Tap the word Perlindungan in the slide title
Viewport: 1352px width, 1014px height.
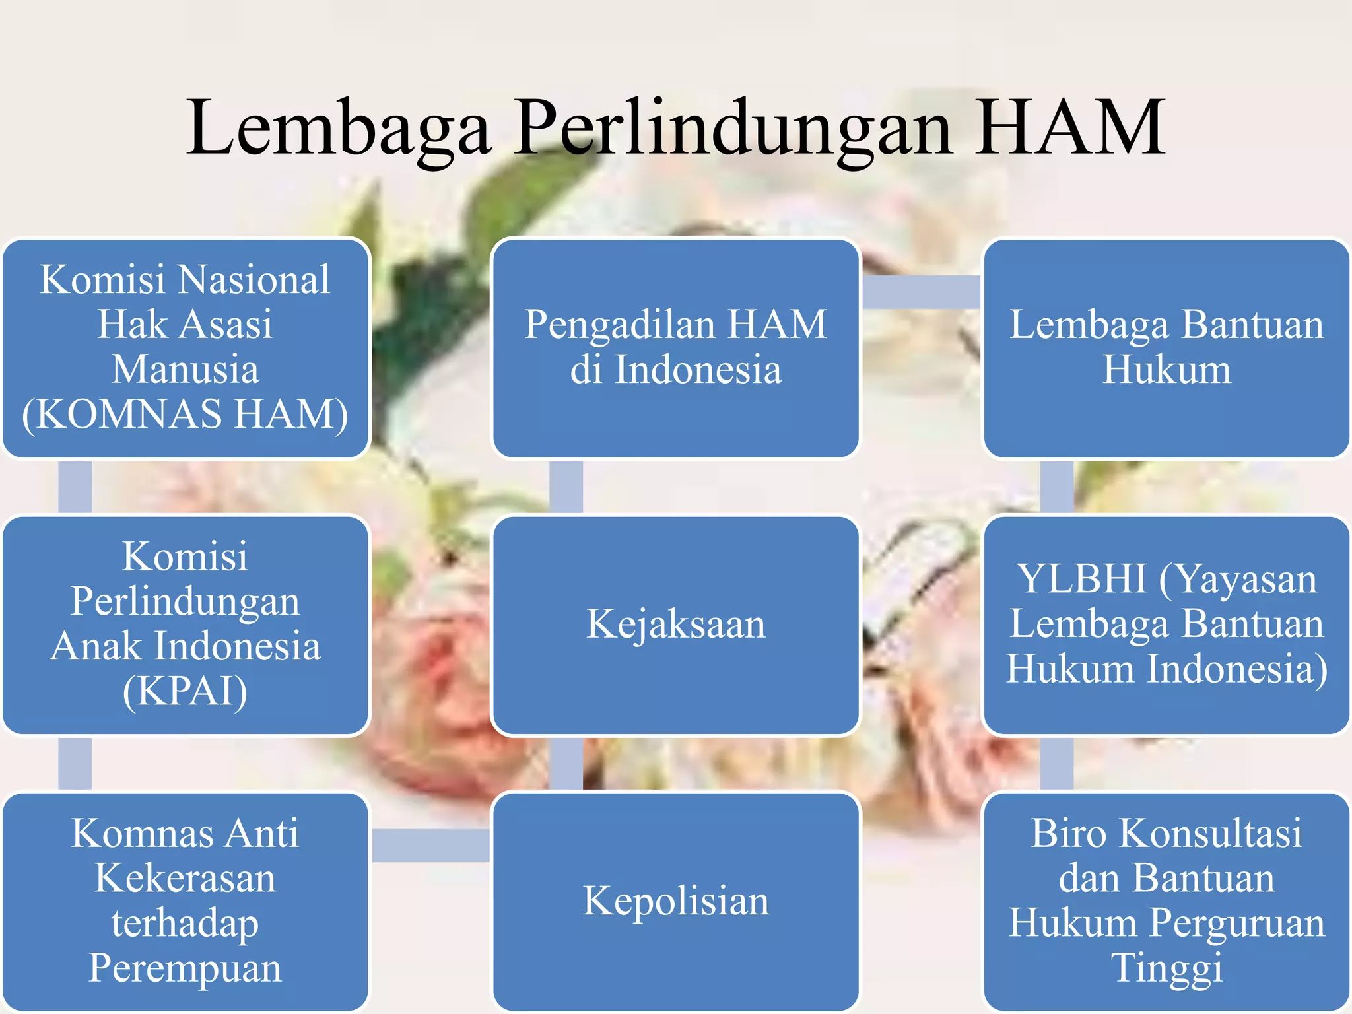coord(733,129)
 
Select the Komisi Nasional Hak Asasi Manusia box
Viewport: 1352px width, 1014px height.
coord(186,349)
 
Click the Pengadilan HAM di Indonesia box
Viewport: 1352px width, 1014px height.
coord(675,349)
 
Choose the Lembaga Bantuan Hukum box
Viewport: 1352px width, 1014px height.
coord(1166,349)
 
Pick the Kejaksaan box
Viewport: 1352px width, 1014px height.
coord(675,625)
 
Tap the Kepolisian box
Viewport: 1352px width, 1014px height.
coord(675,901)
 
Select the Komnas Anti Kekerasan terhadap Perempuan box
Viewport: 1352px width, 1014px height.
coord(186,901)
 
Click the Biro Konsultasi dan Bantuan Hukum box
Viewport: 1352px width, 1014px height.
coord(1166,901)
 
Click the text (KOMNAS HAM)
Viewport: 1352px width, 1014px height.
coord(186,415)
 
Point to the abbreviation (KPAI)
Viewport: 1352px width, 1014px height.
coord(186,691)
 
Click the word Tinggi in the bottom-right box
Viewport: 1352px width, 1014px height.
coord(1166,968)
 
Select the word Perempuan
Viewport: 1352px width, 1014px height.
coord(186,968)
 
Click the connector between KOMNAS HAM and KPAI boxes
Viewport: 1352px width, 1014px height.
coord(75,487)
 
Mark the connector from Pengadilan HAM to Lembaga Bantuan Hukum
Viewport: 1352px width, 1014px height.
coord(922,292)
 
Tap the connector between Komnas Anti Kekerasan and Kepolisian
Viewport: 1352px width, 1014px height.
coord(430,846)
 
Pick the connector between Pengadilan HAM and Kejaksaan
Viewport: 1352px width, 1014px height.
coord(566,487)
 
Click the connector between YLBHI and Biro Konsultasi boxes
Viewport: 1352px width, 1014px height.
coord(1056,763)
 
